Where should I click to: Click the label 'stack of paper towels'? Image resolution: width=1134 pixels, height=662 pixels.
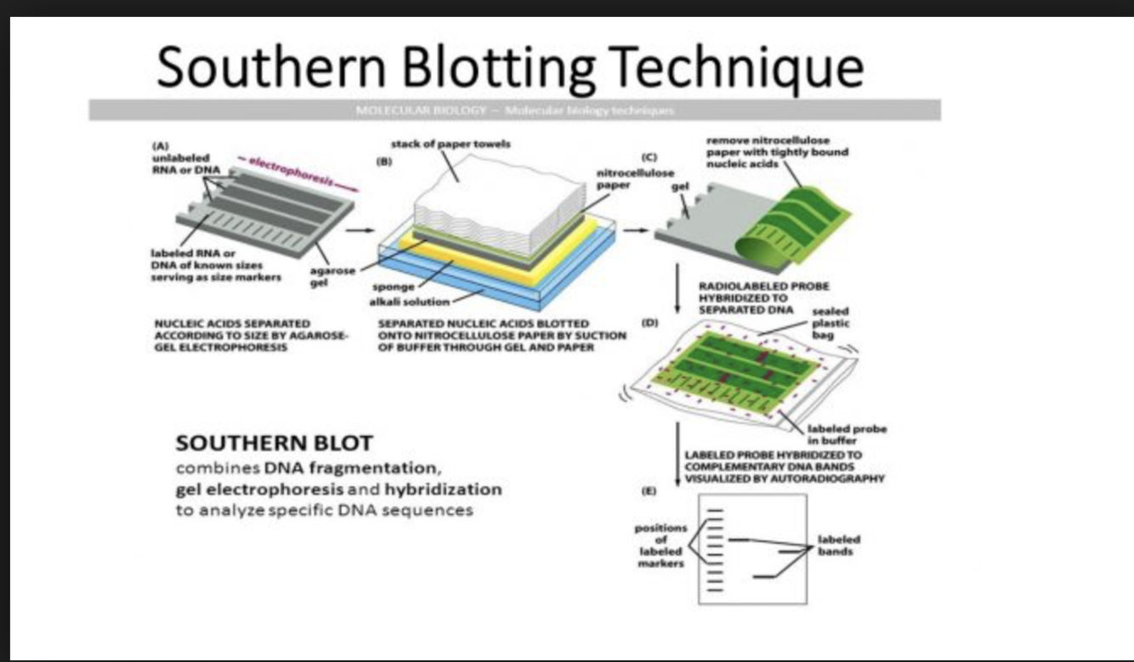(x=450, y=144)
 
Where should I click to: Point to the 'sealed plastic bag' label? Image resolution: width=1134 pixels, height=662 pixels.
(x=831, y=324)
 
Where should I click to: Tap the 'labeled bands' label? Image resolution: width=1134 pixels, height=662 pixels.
(x=838, y=545)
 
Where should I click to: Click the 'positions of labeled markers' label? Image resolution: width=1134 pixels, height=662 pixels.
(x=661, y=545)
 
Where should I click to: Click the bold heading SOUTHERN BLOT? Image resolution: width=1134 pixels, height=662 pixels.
(x=273, y=443)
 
